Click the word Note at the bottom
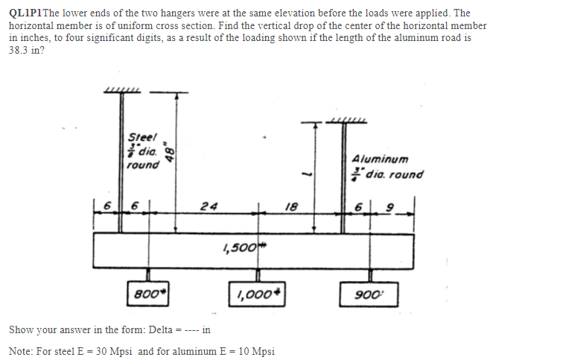(x=21, y=351)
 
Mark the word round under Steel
(x=142, y=165)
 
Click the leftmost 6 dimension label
(x=106, y=205)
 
